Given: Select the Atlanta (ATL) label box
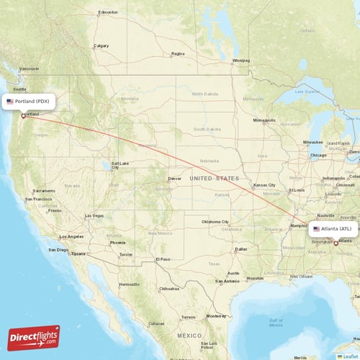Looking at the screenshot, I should pyautogui.click(x=333, y=229).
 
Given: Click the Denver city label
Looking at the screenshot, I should pyautogui.click(x=175, y=179).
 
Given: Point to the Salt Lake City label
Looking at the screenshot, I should pyautogui.click(x=120, y=163).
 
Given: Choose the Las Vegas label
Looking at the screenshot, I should pyautogui.click(x=94, y=216).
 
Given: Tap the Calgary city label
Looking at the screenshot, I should pyautogui.click(x=102, y=45).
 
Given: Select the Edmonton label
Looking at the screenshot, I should pyautogui.click(x=109, y=13).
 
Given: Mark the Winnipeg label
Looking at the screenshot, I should pyautogui.click(x=240, y=60).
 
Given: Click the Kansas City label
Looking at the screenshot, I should pyautogui.click(x=264, y=185).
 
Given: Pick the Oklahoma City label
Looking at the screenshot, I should pyautogui.click(x=215, y=222).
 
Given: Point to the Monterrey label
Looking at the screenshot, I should pyautogui.click(x=217, y=316).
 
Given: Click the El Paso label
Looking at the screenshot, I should pyautogui.click(x=163, y=258).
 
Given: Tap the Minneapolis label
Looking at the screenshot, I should pyautogui.click(x=264, y=120).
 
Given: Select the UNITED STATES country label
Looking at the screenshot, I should pyautogui.click(x=214, y=178).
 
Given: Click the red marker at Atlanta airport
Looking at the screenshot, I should pyautogui.click(x=335, y=243).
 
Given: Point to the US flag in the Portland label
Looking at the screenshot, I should pyautogui.click(x=10, y=102).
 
